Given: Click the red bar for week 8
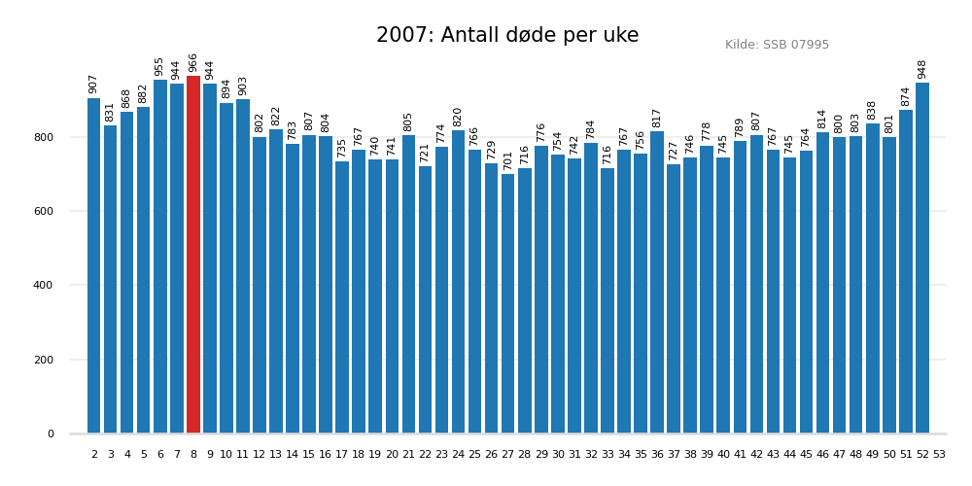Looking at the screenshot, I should pos(193,255).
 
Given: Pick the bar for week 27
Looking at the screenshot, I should pos(508,303).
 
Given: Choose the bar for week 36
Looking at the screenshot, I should pos(657,282).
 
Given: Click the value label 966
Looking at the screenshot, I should pos(193,62).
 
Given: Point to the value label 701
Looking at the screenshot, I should pos(508,160).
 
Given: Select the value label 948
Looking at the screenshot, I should pos(922,69).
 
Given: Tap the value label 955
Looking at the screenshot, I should pos(160,66).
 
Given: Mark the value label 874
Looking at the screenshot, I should pos(906,96).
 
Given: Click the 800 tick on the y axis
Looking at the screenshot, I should pos(45,137).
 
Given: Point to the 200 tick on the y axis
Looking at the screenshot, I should pos(45,360).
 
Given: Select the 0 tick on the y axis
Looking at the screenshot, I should pos(52,434).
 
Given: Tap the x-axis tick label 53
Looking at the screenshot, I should pos(939,454).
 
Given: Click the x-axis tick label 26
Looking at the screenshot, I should pos(492,454).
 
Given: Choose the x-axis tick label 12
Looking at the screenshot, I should pos(260,454).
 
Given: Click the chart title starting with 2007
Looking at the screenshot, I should pos(507,36).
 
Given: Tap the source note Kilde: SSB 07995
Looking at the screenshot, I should pos(777,45).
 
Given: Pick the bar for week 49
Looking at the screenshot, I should pos(873,278).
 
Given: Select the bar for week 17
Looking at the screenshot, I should pos(342,297).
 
